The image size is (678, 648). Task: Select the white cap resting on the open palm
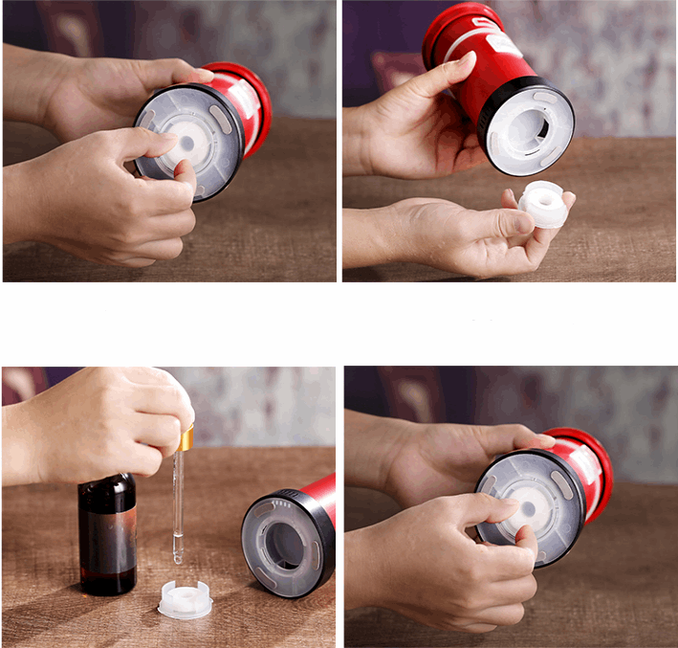544,204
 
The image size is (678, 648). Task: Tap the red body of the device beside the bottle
321,498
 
